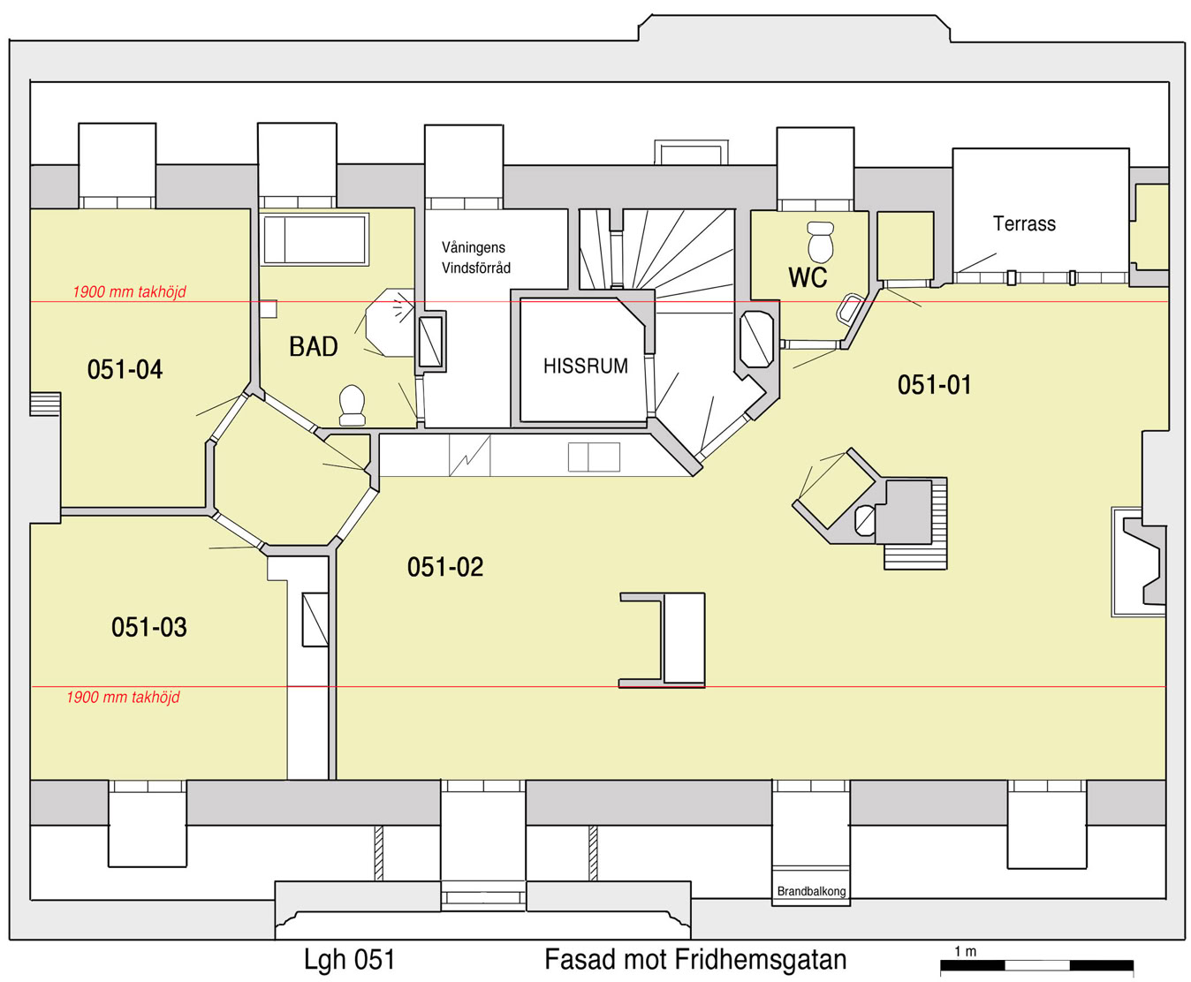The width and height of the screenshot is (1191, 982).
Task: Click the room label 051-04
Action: coord(125,369)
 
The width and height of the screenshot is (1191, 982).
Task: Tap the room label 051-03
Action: coord(148,627)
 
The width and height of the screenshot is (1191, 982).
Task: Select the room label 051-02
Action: coord(445,567)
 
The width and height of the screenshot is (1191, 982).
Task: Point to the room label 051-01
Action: coord(934,385)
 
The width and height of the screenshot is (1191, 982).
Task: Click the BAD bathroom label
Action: coord(313,347)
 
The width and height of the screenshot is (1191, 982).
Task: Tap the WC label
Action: coord(808,277)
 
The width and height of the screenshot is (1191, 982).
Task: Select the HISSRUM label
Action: coord(585,366)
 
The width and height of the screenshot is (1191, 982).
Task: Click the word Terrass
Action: coord(1024,223)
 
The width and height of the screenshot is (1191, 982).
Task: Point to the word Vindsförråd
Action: coord(475,268)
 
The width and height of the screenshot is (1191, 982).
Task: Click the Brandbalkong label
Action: coord(811,891)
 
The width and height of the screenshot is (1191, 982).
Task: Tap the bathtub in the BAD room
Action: coord(315,239)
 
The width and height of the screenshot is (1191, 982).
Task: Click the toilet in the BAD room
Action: coord(352,405)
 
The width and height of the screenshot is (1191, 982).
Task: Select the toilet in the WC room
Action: coord(821,242)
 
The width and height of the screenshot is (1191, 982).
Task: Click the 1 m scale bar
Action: coord(1036,965)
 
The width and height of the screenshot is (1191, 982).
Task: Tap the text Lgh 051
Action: coord(349,959)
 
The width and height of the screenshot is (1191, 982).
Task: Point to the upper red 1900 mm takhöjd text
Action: coord(130,292)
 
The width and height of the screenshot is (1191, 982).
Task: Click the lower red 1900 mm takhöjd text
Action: coord(123,698)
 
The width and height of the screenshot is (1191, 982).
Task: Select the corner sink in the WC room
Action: coord(850,308)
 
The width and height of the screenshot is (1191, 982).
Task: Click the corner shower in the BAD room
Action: coord(391,323)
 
